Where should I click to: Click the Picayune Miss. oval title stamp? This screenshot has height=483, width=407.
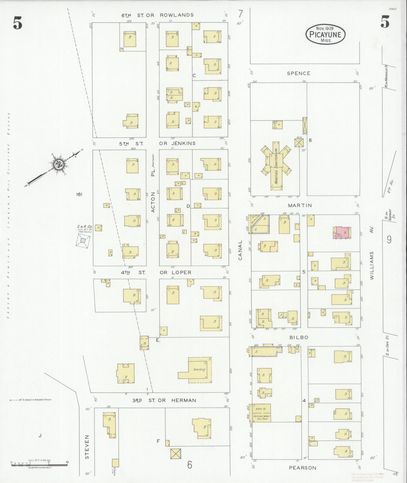click(325, 34)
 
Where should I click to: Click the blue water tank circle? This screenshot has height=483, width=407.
click(83, 241)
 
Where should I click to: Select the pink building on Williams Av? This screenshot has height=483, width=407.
click(342, 233)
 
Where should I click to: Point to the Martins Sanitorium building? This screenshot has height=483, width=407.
click(276, 166)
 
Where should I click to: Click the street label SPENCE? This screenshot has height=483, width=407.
click(299, 73)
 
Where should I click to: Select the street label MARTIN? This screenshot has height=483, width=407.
click(300, 205)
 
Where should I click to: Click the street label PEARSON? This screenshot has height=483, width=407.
click(303, 468)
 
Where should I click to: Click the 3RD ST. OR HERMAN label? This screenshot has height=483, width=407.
click(164, 400)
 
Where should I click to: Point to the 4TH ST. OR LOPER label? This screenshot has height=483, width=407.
click(156, 272)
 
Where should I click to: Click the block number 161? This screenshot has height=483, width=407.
click(79, 194)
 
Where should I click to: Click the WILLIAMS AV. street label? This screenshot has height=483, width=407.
click(372, 265)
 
